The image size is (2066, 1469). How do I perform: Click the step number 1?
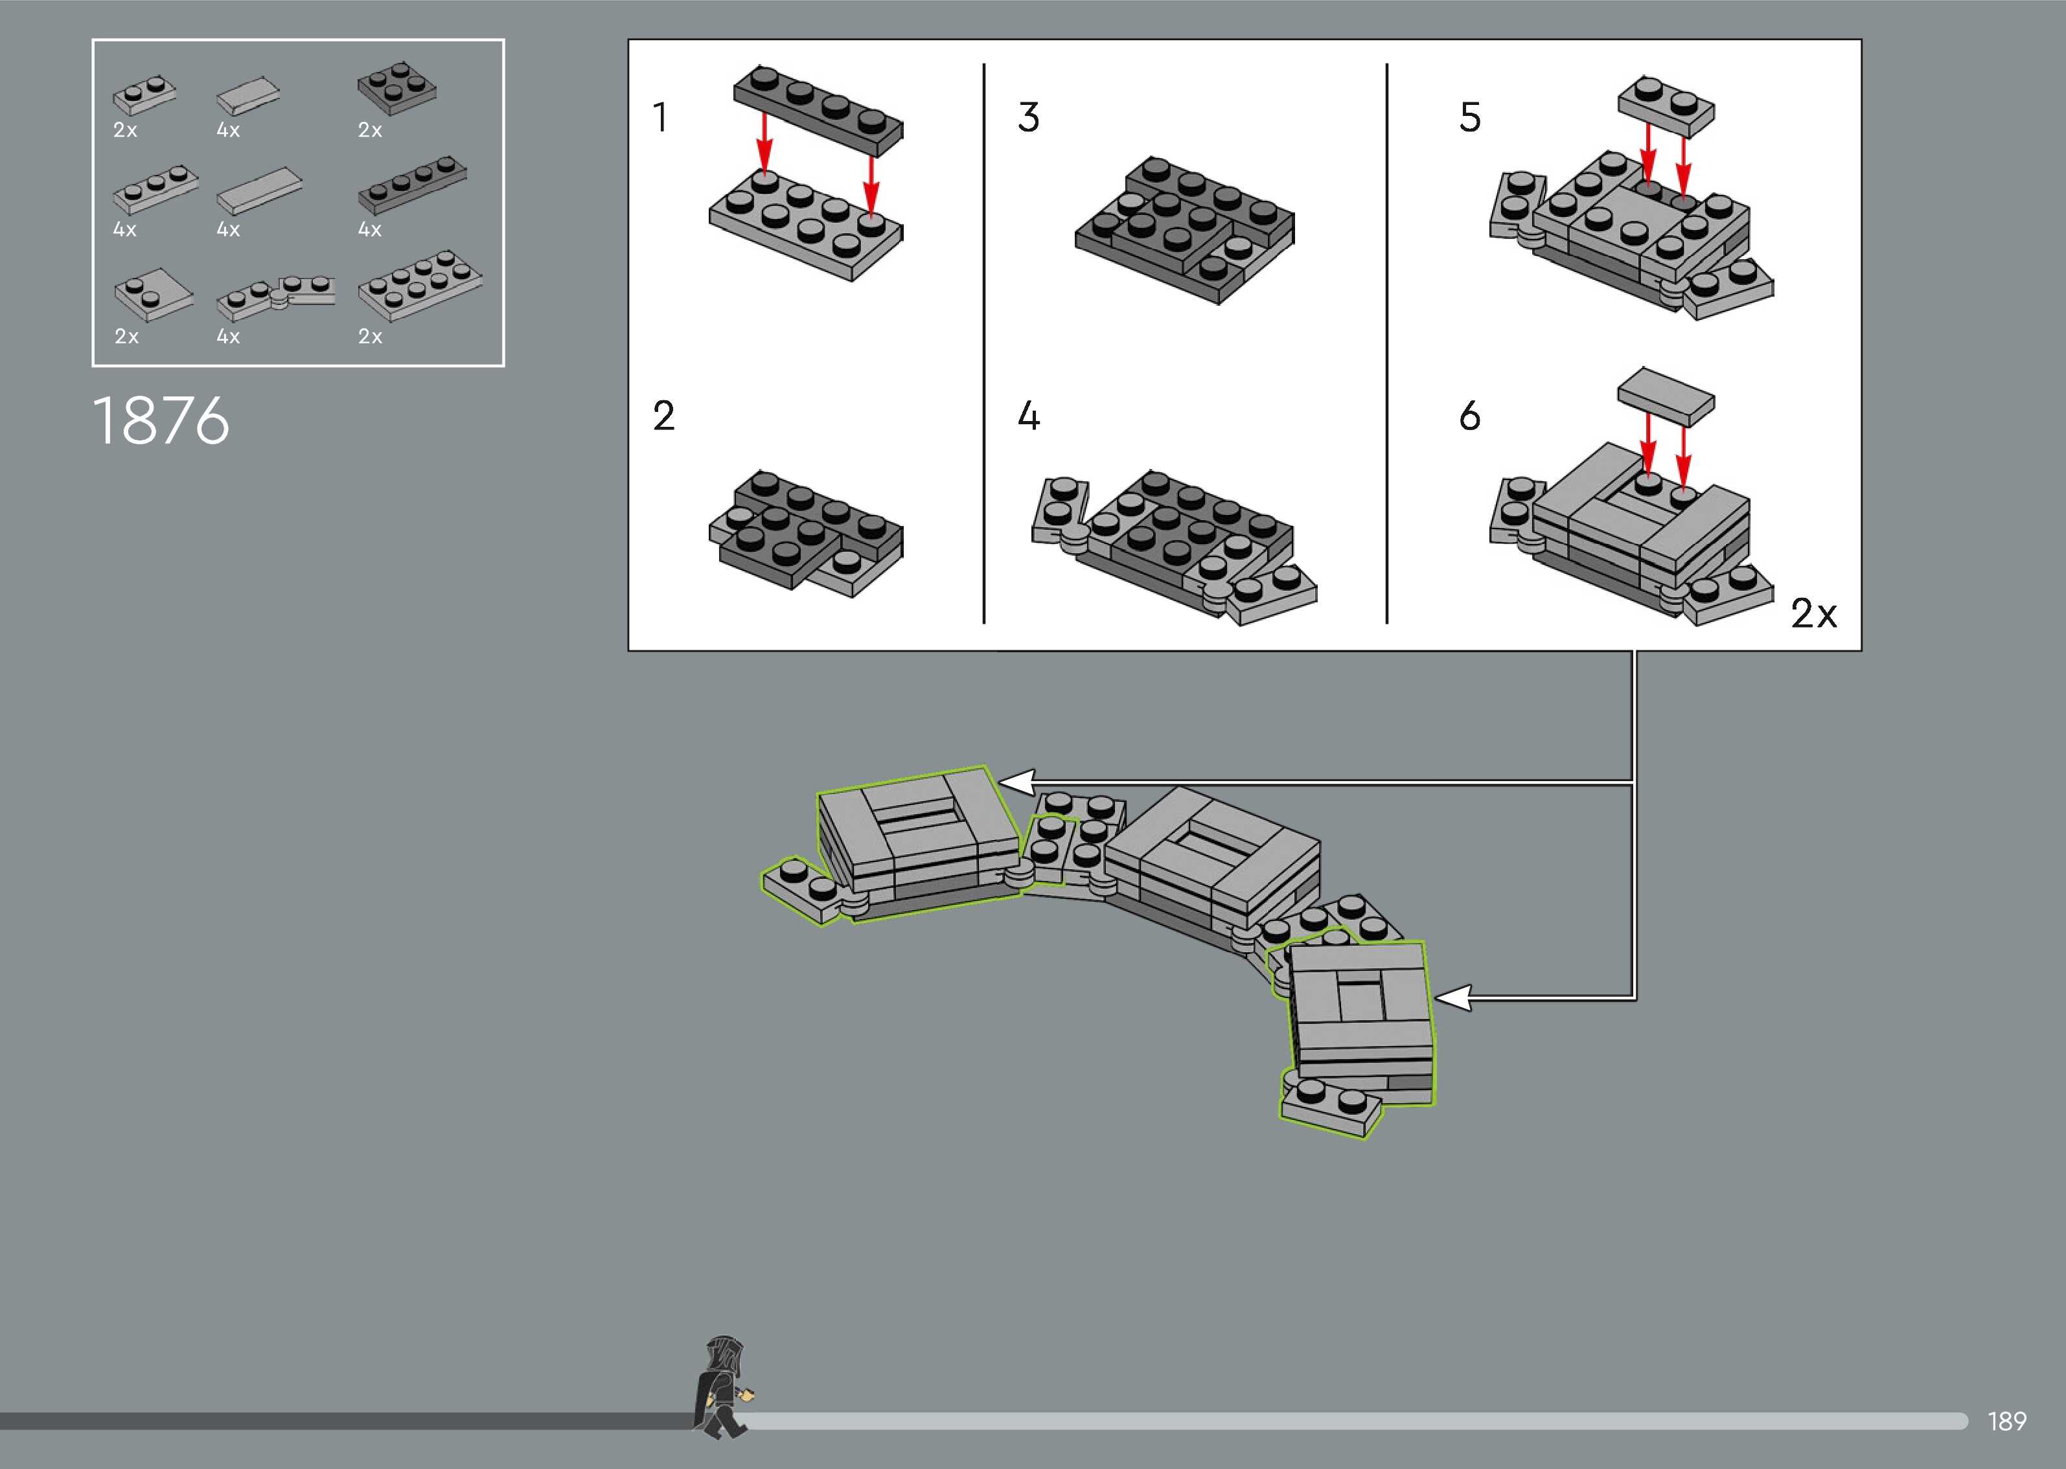[x=660, y=118]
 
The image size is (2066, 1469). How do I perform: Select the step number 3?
[x=1029, y=118]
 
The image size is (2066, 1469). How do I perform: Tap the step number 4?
[x=1029, y=416]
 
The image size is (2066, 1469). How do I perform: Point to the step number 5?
[x=1470, y=118]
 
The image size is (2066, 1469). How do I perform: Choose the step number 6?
[x=1470, y=416]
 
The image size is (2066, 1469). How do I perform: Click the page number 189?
[x=2006, y=1421]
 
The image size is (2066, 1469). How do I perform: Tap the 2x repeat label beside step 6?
[x=1813, y=614]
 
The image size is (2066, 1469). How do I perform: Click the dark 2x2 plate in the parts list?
[x=396, y=87]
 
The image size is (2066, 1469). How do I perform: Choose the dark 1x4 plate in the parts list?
[x=413, y=185]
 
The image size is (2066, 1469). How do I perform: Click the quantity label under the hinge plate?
[x=228, y=337]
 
